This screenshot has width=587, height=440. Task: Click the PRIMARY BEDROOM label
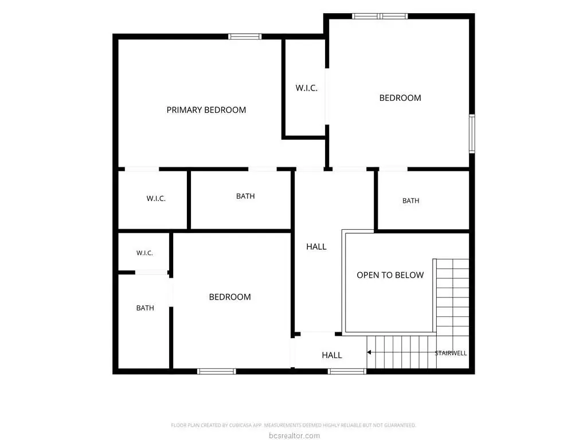[206, 110]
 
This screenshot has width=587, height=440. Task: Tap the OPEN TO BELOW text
[390, 275]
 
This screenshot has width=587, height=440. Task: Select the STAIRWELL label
[451, 353]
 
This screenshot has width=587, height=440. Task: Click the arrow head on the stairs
[369, 352]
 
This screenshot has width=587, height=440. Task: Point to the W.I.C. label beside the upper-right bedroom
[307, 88]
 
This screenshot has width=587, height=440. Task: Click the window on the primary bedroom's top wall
[245, 36]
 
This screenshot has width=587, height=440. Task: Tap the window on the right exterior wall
[472, 133]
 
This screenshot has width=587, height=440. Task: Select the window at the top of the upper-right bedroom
[380, 16]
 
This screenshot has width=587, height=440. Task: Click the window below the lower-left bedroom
[217, 371]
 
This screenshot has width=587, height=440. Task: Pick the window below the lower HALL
[347, 371]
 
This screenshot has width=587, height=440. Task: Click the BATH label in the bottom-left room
[145, 308]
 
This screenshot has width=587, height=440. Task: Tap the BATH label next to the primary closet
[245, 196]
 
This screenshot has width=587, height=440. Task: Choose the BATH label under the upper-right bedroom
[410, 201]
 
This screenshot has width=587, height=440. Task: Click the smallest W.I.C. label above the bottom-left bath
[144, 253]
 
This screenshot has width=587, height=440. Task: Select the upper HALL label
[316, 246]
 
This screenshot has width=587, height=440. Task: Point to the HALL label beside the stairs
[332, 355]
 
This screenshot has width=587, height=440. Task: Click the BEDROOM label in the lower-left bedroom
[230, 297]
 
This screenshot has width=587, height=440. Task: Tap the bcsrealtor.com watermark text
[294, 435]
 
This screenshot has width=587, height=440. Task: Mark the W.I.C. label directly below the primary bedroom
[156, 198]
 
